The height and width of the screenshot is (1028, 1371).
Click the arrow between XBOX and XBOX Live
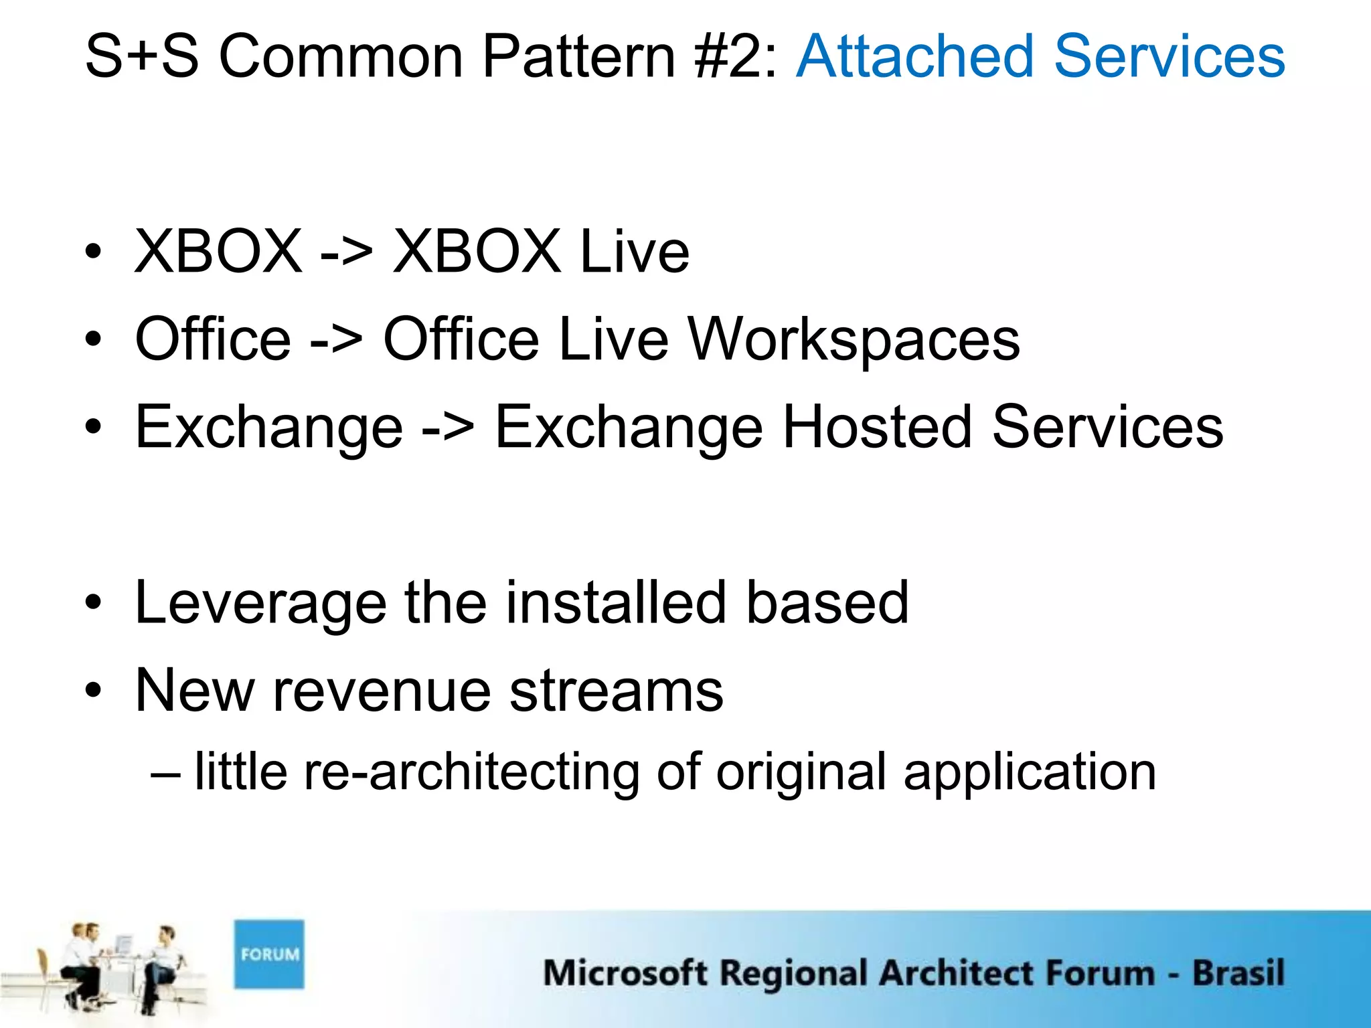346,253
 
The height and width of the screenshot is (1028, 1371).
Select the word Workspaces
854,340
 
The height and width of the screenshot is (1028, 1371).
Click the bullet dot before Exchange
94,427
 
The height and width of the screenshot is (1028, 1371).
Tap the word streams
616,692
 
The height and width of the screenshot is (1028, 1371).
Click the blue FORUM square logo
269,954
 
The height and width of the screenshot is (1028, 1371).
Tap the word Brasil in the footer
1238,972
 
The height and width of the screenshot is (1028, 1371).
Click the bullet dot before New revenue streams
94,691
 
